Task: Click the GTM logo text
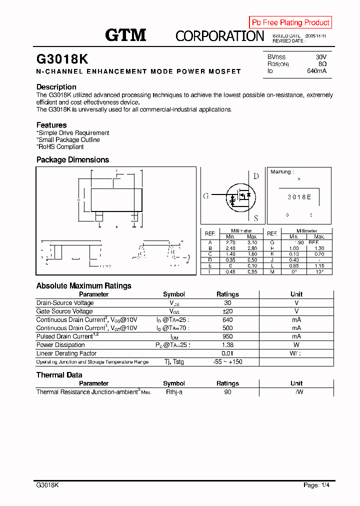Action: click(125, 35)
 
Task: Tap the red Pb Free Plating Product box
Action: click(290, 22)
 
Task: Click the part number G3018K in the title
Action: click(62, 59)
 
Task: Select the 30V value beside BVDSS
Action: click(320, 57)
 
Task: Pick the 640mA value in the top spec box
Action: click(316, 71)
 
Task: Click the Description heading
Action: click(56, 87)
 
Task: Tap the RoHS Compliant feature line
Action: click(60, 147)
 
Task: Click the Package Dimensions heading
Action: click(72, 160)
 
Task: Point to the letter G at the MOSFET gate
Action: click(205, 196)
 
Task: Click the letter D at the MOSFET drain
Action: click(256, 176)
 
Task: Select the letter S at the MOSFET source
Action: click(256, 218)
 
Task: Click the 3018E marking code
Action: click(299, 197)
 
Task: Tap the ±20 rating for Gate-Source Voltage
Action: click(227, 311)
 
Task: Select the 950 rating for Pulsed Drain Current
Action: click(227, 336)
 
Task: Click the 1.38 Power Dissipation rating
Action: click(227, 345)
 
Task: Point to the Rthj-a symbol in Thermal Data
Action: click(174, 392)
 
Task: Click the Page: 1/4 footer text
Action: click(317, 485)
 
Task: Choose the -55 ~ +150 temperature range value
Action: click(227, 361)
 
